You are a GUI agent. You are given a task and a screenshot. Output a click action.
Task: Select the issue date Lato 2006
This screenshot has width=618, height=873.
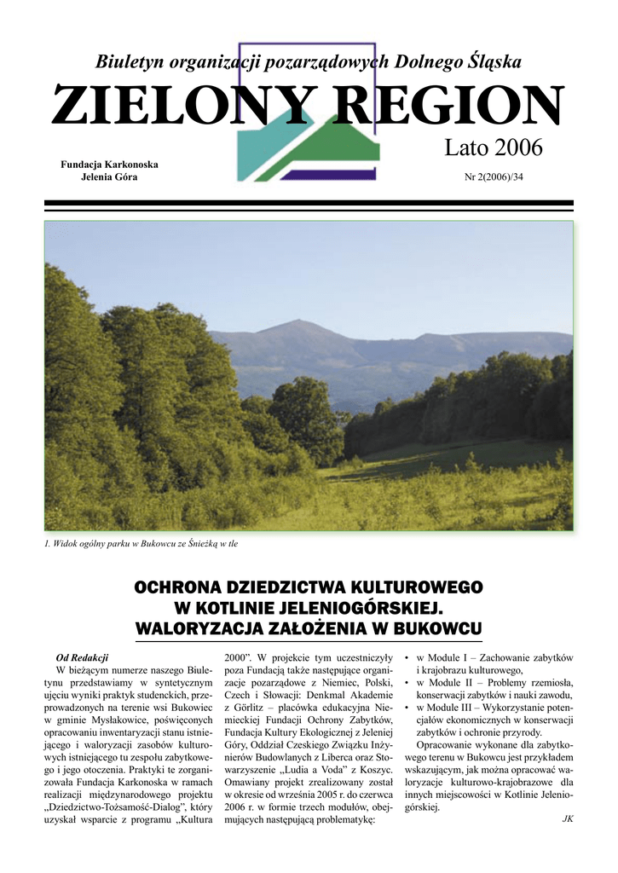493,147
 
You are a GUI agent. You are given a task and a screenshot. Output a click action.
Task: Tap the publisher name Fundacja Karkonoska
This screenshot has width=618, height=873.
108,164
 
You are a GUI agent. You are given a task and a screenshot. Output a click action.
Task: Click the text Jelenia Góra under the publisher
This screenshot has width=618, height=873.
108,176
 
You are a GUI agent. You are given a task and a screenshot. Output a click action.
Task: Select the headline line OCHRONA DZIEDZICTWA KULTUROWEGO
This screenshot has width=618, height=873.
309,587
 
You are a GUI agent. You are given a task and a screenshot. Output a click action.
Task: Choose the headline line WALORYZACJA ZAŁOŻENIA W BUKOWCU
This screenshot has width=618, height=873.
309,629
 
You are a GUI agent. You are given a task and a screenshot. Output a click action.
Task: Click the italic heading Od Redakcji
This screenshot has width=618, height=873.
82,657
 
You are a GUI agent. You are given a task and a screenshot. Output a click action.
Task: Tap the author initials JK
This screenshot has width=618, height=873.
568,818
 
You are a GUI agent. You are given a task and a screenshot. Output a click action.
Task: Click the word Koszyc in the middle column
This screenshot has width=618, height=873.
372,770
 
